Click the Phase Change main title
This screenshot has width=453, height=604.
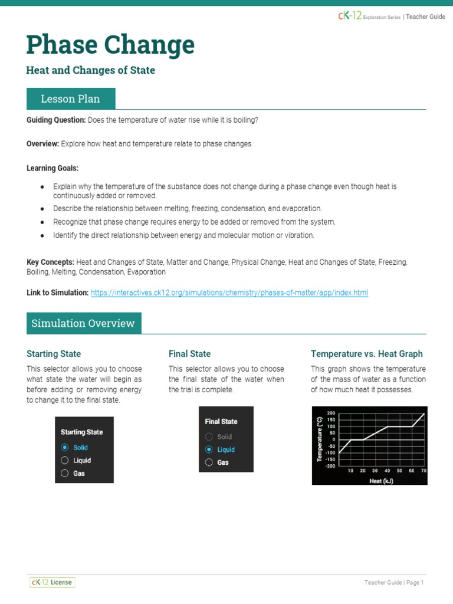pyautogui.click(x=110, y=45)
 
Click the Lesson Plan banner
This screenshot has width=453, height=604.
pyautogui.click(x=71, y=99)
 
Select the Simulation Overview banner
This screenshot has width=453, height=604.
pyautogui.click(x=83, y=323)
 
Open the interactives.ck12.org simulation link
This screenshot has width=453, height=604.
pyautogui.click(x=229, y=293)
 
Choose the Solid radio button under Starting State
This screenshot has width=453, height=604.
pyautogui.click(x=65, y=448)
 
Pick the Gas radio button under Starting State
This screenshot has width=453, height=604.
pyautogui.click(x=65, y=473)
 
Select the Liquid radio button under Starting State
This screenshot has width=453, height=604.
pyautogui.click(x=65, y=461)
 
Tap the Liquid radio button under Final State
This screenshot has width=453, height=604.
pyautogui.click(x=209, y=449)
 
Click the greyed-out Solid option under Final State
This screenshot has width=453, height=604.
pyautogui.click(x=209, y=437)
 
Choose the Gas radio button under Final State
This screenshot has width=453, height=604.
pyautogui.click(x=209, y=462)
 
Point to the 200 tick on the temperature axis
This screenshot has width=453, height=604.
pyautogui.click(x=331, y=413)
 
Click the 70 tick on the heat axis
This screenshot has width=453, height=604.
pyautogui.click(x=424, y=471)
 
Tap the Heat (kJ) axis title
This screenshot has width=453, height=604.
pyautogui.click(x=381, y=481)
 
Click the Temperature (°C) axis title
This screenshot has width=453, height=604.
pyautogui.click(x=319, y=439)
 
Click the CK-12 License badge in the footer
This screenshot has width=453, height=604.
pyautogui.click(x=52, y=582)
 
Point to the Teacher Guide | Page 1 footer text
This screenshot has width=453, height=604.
pyautogui.click(x=394, y=583)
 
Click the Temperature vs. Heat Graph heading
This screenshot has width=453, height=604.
pyautogui.click(x=366, y=354)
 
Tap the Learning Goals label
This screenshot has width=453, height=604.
pyautogui.click(x=52, y=168)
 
